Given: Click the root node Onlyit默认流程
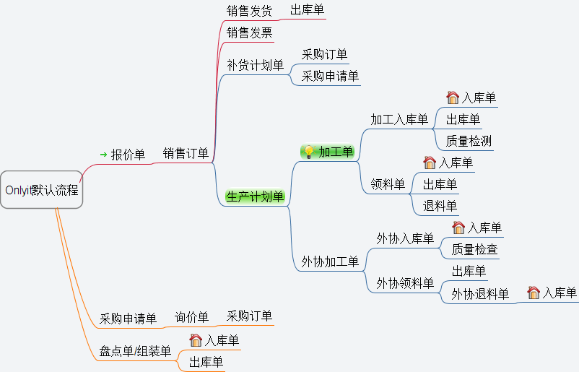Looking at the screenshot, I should (x=42, y=191).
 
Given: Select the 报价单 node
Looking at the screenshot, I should (x=128, y=155).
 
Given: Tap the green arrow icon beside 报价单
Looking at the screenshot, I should (x=103, y=155).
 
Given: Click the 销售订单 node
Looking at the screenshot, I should (x=186, y=153).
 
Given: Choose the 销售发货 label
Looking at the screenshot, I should (x=249, y=11).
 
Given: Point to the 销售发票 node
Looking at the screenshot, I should (x=249, y=33).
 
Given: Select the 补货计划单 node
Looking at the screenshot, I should (x=255, y=66).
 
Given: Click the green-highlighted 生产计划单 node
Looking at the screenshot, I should (x=255, y=196).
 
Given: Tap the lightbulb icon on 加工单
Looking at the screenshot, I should (x=308, y=152).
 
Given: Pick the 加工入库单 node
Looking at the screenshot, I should (x=399, y=119).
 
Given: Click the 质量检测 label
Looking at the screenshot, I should (x=469, y=141).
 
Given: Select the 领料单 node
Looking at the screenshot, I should (x=388, y=185).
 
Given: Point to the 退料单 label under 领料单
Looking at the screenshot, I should (x=440, y=207).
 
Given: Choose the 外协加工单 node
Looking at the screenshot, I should (x=330, y=261).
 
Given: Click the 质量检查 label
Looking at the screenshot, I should (x=474, y=250).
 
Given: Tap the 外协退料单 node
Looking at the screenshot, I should (x=480, y=294).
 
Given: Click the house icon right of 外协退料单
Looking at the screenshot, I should (x=534, y=293).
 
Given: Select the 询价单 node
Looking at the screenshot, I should (x=191, y=317).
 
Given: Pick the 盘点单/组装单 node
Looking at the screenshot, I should (x=135, y=352).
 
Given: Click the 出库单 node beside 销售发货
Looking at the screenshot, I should (x=307, y=10).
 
